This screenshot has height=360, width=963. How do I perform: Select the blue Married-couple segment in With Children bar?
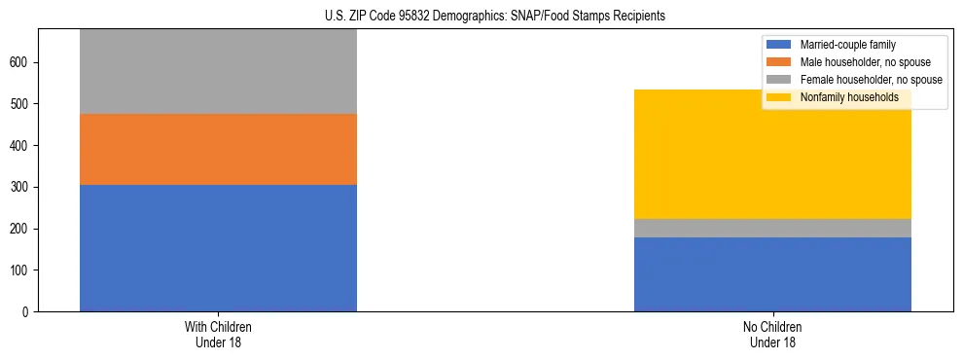(218, 248)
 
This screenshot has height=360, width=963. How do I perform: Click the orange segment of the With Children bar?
(218, 149)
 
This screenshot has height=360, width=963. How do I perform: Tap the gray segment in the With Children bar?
(218, 72)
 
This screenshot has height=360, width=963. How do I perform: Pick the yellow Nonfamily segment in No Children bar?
(772, 155)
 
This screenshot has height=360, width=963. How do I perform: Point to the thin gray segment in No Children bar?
(772, 228)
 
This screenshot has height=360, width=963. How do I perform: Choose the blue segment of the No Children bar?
(772, 274)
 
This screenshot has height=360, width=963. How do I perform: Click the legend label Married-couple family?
(847, 45)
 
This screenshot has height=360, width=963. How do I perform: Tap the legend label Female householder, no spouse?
(871, 80)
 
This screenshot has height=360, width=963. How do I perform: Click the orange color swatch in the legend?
(780, 62)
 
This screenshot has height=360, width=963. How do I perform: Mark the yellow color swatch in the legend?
(780, 97)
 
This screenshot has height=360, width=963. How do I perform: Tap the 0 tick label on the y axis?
(28, 312)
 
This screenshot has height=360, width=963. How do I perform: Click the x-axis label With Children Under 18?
(218, 334)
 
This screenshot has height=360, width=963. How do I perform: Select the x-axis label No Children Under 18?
(772, 334)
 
